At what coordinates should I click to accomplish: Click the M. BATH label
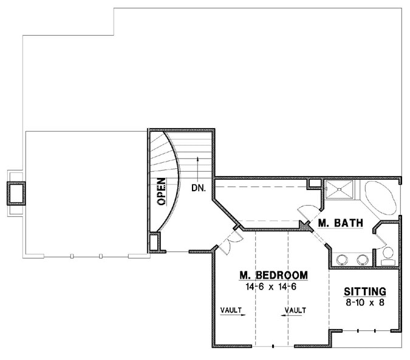tap(341, 224)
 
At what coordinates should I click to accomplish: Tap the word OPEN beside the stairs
tap(162, 192)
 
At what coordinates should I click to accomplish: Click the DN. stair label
tap(198, 188)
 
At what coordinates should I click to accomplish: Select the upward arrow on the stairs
tap(198, 167)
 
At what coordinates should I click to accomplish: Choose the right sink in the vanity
tap(363, 259)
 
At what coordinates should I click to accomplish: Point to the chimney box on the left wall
tap(14, 193)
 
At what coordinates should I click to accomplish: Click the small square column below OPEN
tap(154, 242)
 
